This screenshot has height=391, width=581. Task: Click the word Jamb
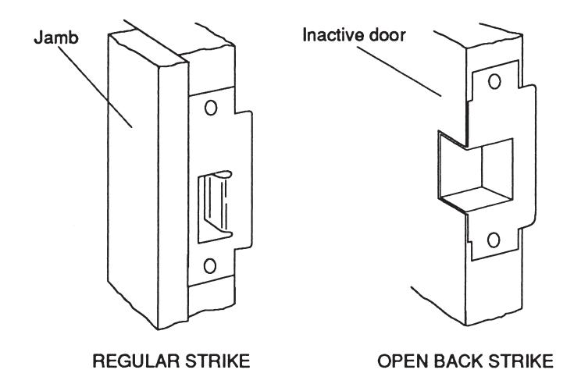coord(56,37)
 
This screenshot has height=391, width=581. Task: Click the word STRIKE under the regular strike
coord(218,361)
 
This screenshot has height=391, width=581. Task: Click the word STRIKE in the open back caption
coord(521,361)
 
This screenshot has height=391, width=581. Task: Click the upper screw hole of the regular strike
coord(211,108)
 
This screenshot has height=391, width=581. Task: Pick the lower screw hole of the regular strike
coord(210,266)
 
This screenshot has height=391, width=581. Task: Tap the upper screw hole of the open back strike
coord(494,81)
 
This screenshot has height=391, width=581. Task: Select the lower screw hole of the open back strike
coord(494,240)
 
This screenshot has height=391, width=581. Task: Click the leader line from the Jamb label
coord(95,87)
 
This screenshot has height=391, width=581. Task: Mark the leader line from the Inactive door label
coord(399,72)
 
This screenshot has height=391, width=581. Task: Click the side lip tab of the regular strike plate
coord(243,180)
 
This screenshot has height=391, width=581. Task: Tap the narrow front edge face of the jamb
coord(173,196)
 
